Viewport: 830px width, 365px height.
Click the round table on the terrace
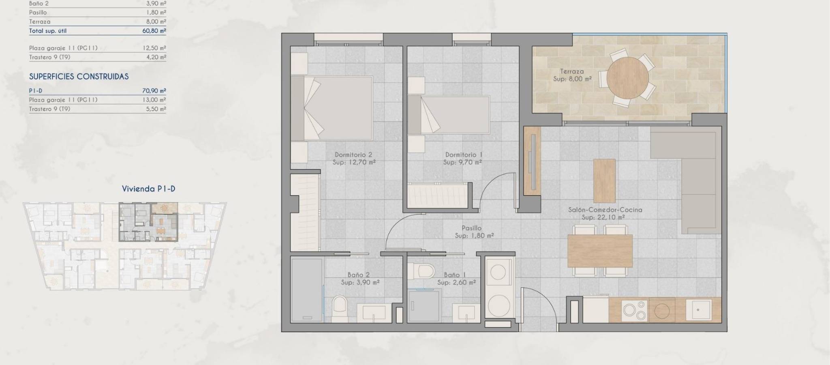click(628, 78)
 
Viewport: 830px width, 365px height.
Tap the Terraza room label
click(572, 71)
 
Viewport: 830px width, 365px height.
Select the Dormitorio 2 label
click(353, 155)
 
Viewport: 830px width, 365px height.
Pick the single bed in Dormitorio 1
click(449, 115)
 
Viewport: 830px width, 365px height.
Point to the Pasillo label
click(472, 228)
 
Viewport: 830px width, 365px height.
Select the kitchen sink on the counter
click(699, 309)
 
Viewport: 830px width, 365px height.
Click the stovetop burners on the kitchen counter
click(634, 309)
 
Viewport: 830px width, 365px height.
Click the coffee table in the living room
click(605, 181)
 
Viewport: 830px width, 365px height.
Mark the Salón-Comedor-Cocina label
click(605, 210)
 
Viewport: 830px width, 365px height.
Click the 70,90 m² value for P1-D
click(154, 91)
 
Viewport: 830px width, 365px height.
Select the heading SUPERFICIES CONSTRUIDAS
click(79, 77)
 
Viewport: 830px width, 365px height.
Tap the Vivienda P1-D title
click(149, 189)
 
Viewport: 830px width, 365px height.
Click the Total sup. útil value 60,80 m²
click(154, 31)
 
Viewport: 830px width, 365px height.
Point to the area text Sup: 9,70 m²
click(462, 162)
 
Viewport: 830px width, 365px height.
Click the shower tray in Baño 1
click(424, 306)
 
